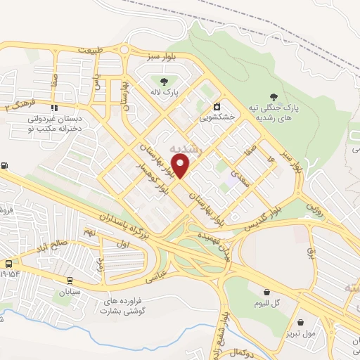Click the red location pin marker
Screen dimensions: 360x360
182,165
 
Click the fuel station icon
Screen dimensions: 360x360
6,166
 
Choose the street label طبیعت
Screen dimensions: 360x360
95,50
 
